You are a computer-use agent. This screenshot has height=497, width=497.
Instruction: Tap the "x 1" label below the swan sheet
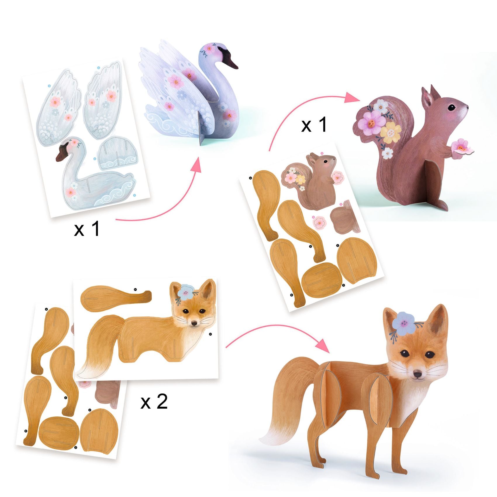pyautogui.click(x=87, y=229)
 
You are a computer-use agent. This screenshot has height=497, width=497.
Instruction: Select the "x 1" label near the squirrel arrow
pyautogui.click(x=314, y=125)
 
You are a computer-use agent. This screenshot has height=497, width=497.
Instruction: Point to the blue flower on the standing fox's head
pyautogui.click(x=404, y=323)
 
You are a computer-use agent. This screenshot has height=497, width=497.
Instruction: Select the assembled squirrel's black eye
pyautogui.click(x=452, y=107)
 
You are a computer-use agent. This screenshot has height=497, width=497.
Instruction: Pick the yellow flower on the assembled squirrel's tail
pyautogui.click(x=391, y=132)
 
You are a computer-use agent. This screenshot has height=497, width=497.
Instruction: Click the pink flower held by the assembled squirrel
pyautogui.click(x=461, y=146)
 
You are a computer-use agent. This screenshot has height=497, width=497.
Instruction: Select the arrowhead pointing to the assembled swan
pyautogui.click(x=197, y=166)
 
